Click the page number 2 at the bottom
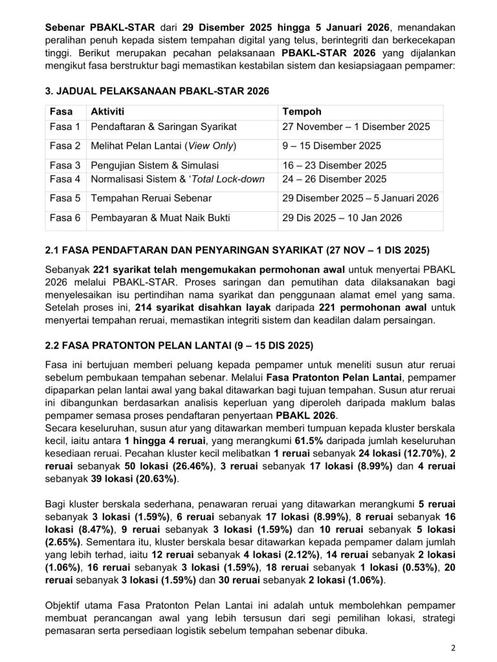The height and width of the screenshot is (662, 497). (x=454, y=646)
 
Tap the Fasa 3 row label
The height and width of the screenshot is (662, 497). (x=65, y=165)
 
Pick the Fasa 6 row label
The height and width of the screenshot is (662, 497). (x=65, y=218)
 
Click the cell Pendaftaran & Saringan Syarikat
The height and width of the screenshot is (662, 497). (x=164, y=127)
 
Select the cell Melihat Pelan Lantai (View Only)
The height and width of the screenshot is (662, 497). (x=164, y=145)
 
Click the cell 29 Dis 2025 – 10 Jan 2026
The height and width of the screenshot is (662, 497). (x=342, y=218)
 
